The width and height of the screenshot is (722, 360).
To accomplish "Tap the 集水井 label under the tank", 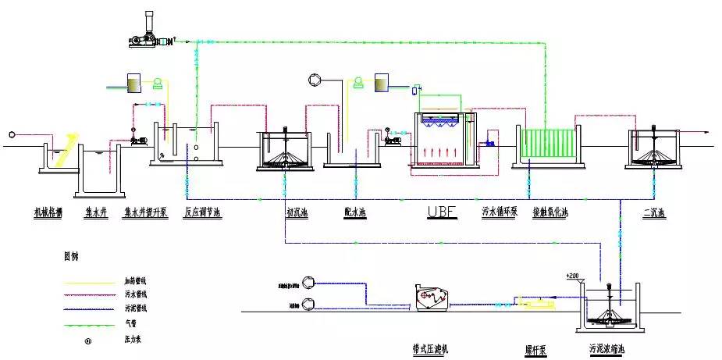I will [x=96, y=212].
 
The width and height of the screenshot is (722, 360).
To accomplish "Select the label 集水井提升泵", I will [x=146, y=212].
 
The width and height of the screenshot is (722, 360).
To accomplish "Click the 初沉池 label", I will [x=297, y=212].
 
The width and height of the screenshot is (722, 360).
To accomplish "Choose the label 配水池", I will [x=356, y=212].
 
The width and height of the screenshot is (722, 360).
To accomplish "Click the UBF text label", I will [x=441, y=211].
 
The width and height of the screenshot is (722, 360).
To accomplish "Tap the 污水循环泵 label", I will [x=500, y=212].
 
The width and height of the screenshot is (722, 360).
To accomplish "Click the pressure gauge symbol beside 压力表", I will [x=88, y=340].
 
